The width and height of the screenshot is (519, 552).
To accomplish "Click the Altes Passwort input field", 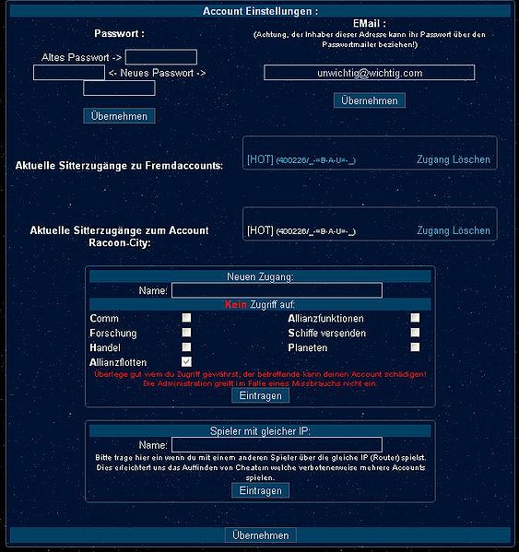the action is coord(161,57).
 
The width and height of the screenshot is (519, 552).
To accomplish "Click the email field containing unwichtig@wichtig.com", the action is coord(369,72).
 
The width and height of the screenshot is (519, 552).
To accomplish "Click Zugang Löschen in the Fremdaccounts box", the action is coord(454,159).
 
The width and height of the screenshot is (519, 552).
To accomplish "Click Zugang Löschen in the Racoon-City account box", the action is coord(454,230).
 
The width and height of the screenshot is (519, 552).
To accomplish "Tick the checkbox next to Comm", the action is coord(186,318).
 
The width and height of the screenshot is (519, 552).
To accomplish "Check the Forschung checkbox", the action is coord(186,333).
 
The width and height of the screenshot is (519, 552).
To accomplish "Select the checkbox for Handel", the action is coord(186,347).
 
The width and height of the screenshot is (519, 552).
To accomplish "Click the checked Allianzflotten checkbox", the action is coord(186,362).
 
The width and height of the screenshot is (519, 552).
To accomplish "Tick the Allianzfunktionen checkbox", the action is coord(415,318).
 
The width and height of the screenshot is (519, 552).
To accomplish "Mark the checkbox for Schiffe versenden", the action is coord(415,333).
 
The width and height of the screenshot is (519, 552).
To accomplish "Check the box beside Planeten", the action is coord(415,347).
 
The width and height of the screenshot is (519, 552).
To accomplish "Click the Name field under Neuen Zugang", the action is coord(277,290).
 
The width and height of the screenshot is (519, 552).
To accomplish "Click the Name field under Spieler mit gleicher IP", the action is coord(277,444).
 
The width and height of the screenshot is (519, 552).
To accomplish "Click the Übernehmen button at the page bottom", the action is coord(260,535).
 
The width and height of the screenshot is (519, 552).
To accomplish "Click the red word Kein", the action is coord(235,304).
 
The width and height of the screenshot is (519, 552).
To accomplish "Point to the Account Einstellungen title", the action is coord(260,11).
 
